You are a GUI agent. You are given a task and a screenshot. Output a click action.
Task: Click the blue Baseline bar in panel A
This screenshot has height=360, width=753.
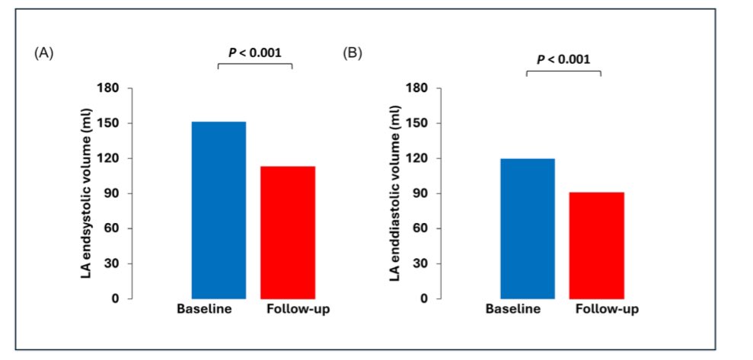point(219,210)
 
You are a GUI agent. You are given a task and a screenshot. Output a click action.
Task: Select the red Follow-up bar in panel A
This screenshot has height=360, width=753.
point(287,232)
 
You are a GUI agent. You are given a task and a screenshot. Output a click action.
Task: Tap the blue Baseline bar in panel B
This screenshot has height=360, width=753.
point(527,228)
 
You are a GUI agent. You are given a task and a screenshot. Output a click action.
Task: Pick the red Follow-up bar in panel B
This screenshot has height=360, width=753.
point(596,245)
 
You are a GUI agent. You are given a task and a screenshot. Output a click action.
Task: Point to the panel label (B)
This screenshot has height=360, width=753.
point(352,53)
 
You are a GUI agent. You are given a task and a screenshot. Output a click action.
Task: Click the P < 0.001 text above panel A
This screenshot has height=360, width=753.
point(255,53)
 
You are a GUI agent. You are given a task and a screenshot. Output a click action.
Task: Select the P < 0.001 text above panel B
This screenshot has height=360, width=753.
point(563,59)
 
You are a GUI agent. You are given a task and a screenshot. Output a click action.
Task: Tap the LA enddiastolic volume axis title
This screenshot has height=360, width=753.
point(395,193)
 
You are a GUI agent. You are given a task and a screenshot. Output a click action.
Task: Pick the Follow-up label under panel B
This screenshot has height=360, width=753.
point(607,309)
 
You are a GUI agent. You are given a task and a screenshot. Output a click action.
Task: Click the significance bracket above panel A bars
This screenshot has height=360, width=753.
point(255,65)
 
